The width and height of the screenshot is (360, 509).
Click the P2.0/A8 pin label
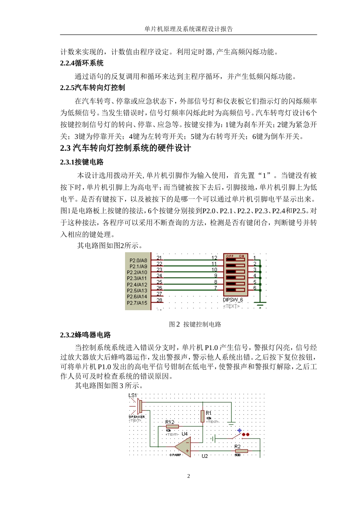coord(138,261)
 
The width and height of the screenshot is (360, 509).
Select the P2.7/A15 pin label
coord(137,303)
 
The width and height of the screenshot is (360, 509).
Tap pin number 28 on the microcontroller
coord(159,300)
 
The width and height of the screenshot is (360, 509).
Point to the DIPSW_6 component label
coord(233,300)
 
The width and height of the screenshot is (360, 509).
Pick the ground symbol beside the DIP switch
coord(260,303)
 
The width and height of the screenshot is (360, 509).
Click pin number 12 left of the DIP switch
coord(214,258)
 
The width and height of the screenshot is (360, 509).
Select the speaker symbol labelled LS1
coord(139,406)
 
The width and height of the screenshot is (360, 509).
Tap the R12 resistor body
coord(172,426)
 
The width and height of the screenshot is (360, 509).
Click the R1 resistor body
coord(203,416)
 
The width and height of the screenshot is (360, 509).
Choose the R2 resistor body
coord(241,451)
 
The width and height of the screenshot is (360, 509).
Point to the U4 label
coord(185,434)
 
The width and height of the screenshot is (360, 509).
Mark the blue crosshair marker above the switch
coord(239,431)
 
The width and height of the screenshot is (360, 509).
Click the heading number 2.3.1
coord(67,162)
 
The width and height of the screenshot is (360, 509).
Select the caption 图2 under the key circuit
coord(174,324)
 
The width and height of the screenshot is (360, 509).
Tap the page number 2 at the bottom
coord(188,476)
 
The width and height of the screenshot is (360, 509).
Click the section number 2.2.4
coord(67,63)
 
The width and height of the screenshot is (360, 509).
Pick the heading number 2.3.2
coord(67,335)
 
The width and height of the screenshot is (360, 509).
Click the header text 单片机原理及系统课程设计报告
coord(188,29)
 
